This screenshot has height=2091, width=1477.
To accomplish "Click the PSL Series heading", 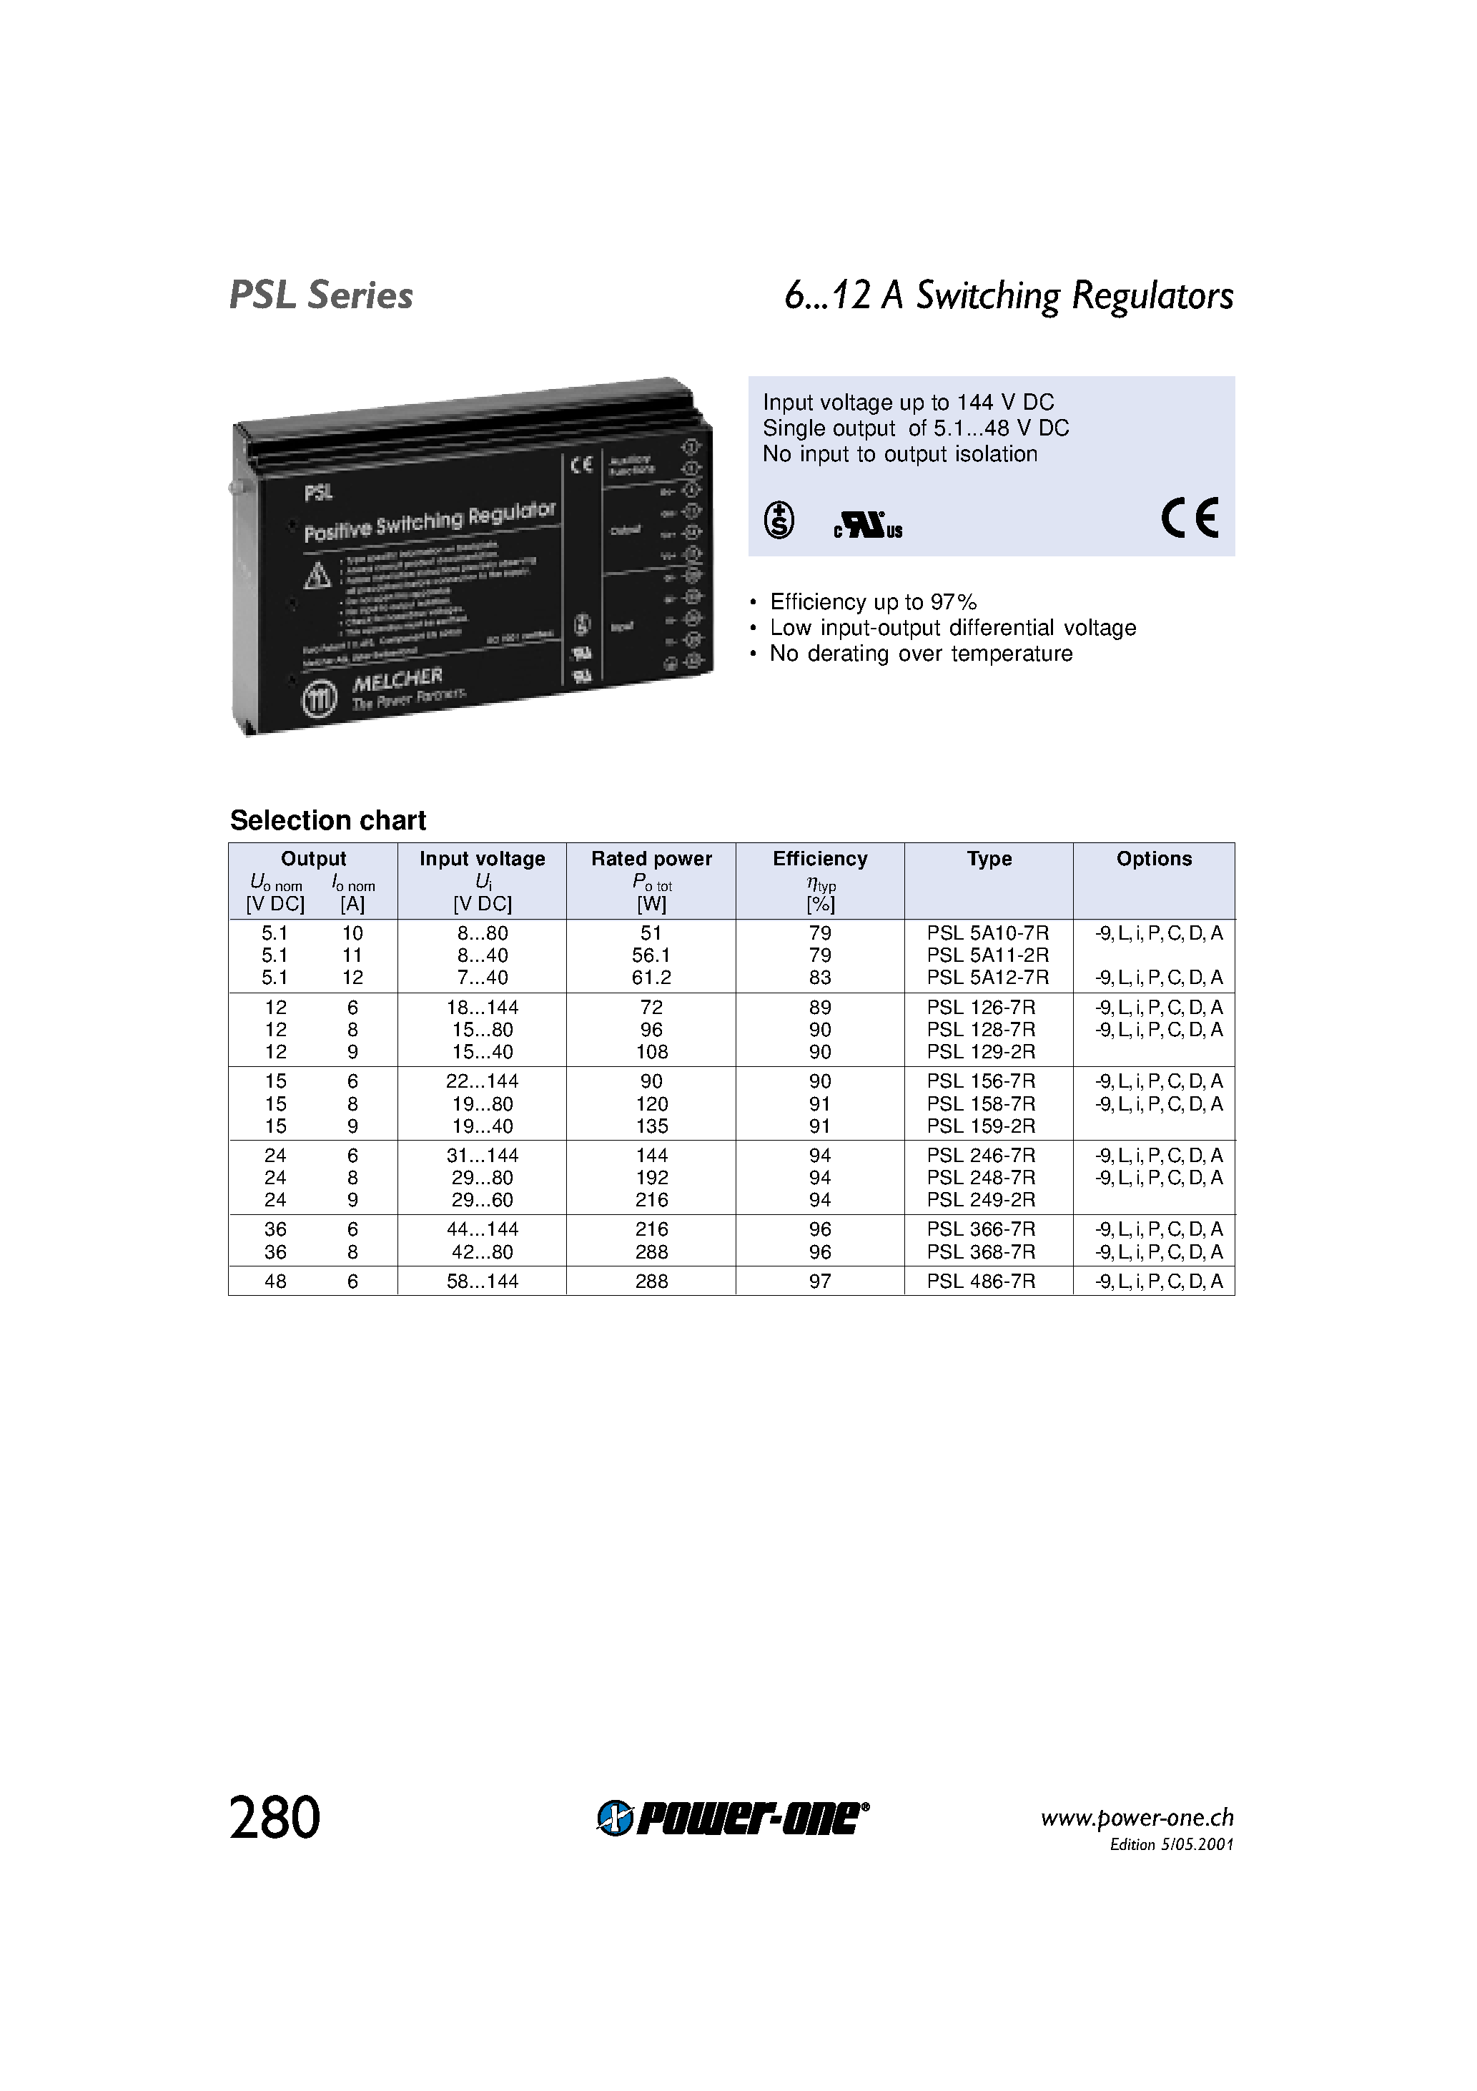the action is [x=320, y=295].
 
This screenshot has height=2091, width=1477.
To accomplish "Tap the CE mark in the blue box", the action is [x=1189, y=519].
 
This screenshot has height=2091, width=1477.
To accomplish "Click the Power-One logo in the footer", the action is [x=733, y=1819].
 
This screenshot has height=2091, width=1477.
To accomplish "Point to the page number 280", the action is [x=275, y=1819].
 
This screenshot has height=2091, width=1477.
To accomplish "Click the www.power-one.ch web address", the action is [x=1137, y=1818].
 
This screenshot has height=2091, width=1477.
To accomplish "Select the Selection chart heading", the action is [x=328, y=820].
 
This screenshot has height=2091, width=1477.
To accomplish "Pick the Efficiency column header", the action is [x=819, y=859].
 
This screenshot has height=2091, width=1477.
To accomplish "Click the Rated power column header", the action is [x=651, y=859].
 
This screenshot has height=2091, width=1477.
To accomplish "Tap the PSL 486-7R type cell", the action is [x=981, y=1281].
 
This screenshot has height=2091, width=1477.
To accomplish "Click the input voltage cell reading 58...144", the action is [x=482, y=1281].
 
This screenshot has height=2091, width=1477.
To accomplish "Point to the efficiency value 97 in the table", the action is [x=819, y=1281].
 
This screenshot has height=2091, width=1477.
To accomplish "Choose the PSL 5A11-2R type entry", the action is [x=987, y=955].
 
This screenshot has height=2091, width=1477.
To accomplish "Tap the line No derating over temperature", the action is [x=921, y=654].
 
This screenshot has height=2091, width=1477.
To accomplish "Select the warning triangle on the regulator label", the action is [x=317, y=576].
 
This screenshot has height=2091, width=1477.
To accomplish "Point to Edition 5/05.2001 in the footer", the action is [x=1171, y=1844].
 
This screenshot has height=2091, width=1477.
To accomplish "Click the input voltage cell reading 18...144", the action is [x=482, y=1008].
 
